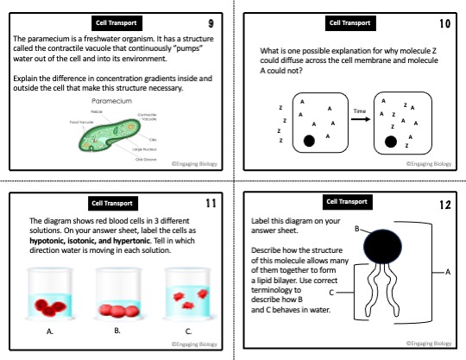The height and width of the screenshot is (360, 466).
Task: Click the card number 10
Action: pos(445,22)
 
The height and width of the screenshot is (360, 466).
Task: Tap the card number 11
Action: pos(211,203)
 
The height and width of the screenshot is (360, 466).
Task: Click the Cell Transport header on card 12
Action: pos(349,201)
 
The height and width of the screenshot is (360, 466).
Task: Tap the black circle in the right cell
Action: pos(391,140)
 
